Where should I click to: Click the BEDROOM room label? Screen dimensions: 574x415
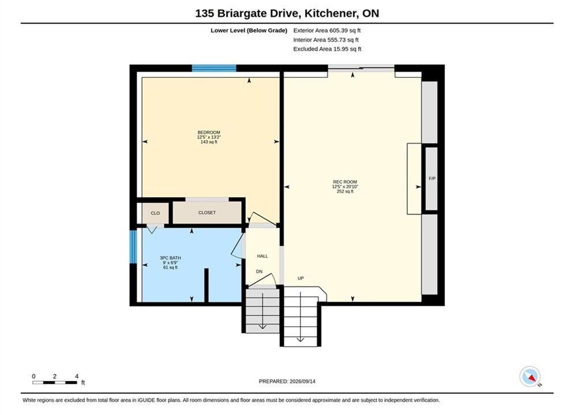tap(209, 133)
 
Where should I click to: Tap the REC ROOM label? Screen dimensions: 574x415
tap(345, 182)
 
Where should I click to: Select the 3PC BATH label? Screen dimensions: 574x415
tap(170, 258)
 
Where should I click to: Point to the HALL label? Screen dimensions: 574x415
tap(262, 256)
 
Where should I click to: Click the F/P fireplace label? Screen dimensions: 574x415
tap(432, 179)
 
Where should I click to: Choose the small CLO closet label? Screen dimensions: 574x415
tap(155, 213)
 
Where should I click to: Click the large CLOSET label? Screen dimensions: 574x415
tap(207, 213)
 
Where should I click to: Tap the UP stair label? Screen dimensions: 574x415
tap(301, 278)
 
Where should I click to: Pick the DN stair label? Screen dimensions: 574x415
tap(259, 271)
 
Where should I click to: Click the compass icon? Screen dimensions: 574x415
tap(530, 376)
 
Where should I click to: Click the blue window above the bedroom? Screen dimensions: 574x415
tap(214, 68)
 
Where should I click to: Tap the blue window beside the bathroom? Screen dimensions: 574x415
tap(133, 247)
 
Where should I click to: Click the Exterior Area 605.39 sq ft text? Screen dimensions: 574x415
tap(327, 31)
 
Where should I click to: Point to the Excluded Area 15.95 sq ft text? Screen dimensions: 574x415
tap(327, 48)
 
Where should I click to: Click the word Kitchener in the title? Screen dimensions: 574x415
tap(331, 13)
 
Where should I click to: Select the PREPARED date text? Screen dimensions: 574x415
tap(287, 381)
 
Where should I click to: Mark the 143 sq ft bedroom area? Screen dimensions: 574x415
tap(209, 142)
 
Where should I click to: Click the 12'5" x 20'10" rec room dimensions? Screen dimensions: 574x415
tap(345, 187)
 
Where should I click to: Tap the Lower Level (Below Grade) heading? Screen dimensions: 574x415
tap(249, 31)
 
